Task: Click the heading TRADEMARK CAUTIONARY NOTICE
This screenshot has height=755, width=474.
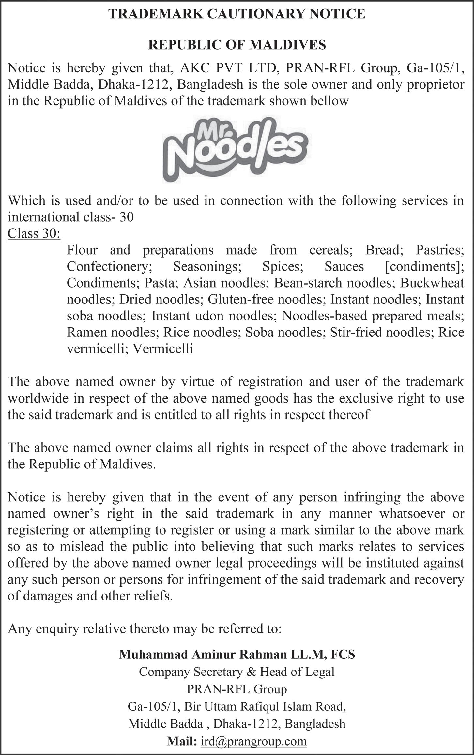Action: (x=237, y=14)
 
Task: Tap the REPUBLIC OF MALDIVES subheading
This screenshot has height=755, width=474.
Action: (x=237, y=45)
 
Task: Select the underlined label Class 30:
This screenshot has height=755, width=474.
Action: (x=34, y=233)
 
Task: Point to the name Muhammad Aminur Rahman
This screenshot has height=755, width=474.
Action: (x=202, y=654)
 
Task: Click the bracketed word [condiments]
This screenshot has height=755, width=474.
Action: (x=424, y=267)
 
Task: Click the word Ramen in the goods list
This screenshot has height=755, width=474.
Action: (x=86, y=333)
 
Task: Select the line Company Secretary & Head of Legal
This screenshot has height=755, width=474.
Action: (x=237, y=672)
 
